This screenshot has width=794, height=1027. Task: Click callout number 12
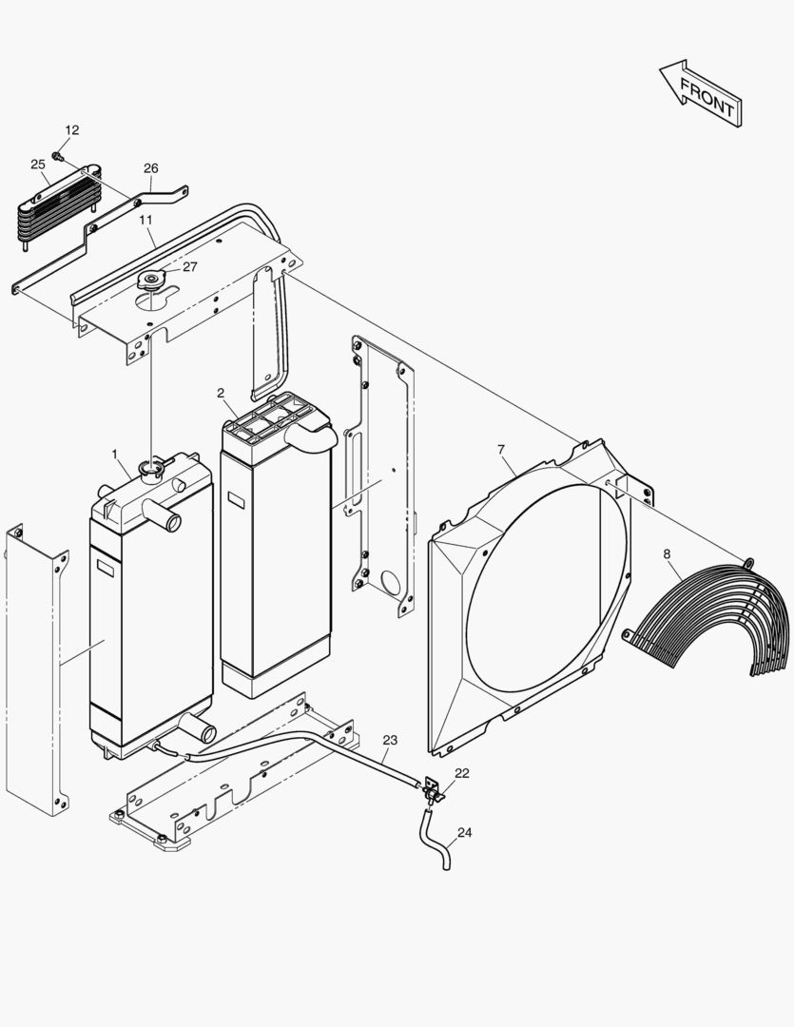[x=72, y=130]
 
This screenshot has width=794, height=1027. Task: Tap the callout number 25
[x=38, y=165]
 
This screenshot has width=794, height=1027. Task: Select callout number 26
[x=151, y=168]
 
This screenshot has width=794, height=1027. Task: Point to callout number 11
[x=145, y=219]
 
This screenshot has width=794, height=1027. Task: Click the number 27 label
[x=190, y=266]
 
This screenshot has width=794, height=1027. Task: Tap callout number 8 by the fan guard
[x=666, y=553]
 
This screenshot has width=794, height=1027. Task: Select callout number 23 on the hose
[x=390, y=739]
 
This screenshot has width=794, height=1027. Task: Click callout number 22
[x=461, y=773]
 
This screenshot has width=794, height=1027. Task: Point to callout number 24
[x=464, y=832]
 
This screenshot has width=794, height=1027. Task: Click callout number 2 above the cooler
[x=221, y=393]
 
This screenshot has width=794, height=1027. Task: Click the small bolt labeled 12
[x=58, y=155]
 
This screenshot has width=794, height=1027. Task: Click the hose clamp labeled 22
[x=434, y=790]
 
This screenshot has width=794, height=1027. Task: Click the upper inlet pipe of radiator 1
[x=168, y=521]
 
